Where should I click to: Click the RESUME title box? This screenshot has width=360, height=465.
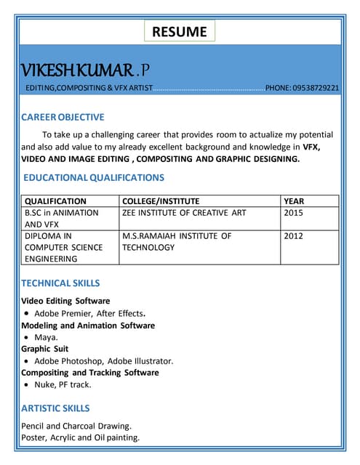pyautogui.click(x=180, y=32)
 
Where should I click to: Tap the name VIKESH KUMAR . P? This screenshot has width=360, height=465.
pyautogui.click(x=86, y=70)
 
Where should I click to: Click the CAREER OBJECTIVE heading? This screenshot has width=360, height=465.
pyautogui.click(x=63, y=117)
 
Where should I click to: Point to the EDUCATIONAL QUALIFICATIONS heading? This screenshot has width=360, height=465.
pyautogui.click(x=94, y=177)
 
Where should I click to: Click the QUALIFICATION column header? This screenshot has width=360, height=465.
pyautogui.click(x=55, y=201)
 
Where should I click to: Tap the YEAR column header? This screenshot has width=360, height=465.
pyautogui.click(x=294, y=201)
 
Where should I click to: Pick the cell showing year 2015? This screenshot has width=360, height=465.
pyautogui.click(x=294, y=213)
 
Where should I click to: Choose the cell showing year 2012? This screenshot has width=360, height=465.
pyautogui.click(x=294, y=236)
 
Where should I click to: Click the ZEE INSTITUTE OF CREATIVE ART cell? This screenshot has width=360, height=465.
pyautogui.click(x=184, y=213)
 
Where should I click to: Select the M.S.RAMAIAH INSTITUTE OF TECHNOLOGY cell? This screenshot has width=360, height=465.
pyautogui.click(x=177, y=242)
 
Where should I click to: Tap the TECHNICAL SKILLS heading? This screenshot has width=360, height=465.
pyautogui.click(x=60, y=283)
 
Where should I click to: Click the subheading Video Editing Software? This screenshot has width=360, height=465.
pyautogui.click(x=65, y=301)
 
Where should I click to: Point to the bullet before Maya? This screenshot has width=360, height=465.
pyautogui.click(x=26, y=338)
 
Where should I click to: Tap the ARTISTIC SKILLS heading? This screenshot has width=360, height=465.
pyautogui.click(x=55, y=408)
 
